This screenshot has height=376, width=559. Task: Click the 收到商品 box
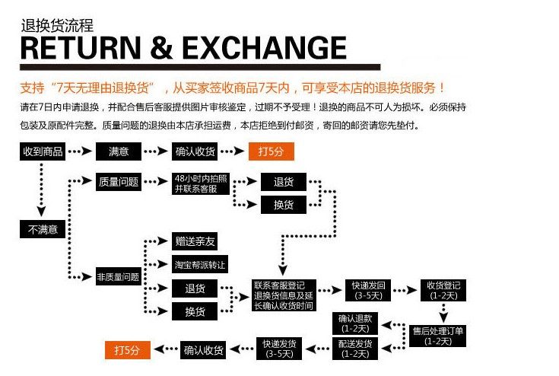pyautogui.click(x=43, y=151)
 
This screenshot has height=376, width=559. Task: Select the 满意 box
pyautogui.click(x=119, y=151)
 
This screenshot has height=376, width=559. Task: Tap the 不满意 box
pyautogui.click(x=43, y=228)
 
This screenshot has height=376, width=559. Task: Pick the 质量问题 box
pyautogui.click(x=119, y=182)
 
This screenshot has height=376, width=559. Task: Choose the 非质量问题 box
pyautogui.click(x=118, y=277)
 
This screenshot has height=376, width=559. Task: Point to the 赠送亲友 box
pyautogui.click(x=195, y=242)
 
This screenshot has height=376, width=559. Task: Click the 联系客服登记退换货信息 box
pyautogui.click(x=283, y=291)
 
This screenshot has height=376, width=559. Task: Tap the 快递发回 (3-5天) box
pyautogui.click(x=368, y=290)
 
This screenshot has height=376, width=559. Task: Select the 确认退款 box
pyautogui.click(x=355, y=323)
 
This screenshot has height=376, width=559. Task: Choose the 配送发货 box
pyautogui.click(x=355, y=349)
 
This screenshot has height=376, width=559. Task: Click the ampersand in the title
pyautogui.click(x=163, y=47)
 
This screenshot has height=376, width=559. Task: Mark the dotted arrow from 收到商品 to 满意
pyautogui.click(x=80, y=151)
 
